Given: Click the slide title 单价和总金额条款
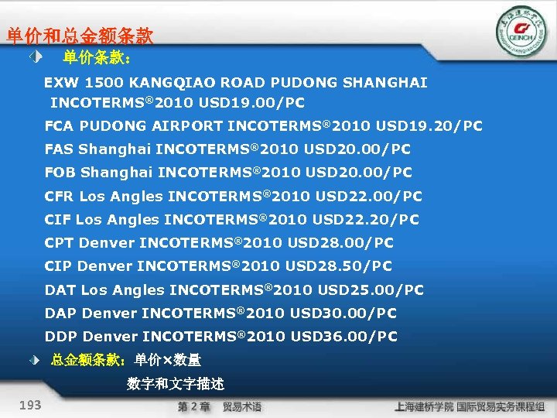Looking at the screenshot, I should click(x=80, y=36).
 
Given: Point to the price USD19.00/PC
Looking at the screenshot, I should click(x=251, y=102).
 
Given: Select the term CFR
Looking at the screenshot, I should click(x=59, y=196).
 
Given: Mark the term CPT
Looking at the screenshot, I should click(x=59, y=243).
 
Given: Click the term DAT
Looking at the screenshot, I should click(x=60, y=290).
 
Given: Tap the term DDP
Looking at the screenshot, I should click(x=60, y=337).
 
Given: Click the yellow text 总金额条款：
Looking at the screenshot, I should click(x=91, y=360).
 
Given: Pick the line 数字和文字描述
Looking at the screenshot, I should click(x=176, y=384).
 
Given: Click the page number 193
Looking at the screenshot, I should click(x=32, y=405).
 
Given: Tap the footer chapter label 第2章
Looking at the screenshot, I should click(x=193, y=406).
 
